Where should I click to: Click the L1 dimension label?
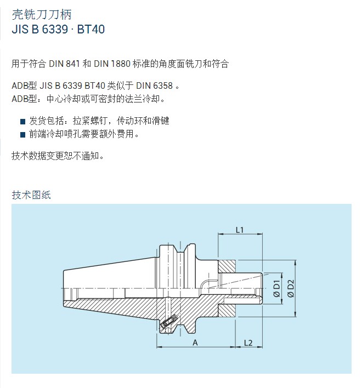[x=240, y=230]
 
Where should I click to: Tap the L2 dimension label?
[x=248, y=343]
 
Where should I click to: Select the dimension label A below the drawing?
[x=195, y=343]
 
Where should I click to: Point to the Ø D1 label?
[x=276, y=288]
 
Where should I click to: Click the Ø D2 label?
[x=291, y=288]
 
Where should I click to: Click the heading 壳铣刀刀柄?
[x=42, y=15]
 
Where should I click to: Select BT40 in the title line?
[x=91, y=29]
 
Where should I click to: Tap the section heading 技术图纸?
[x=31, y=195]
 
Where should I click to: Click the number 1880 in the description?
[x=121, y=64]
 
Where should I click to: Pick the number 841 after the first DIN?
[x=73, y=64]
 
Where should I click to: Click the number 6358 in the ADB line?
[x=163, y=85]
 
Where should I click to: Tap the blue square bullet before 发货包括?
[x=23, y=122]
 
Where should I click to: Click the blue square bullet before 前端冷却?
[x=23, y=135]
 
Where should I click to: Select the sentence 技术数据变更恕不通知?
[x=57, y=156]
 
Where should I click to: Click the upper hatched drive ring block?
[x=227, y=267]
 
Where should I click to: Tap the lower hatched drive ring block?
[x=227, y=311]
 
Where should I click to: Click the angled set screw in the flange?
[x=168, y=321]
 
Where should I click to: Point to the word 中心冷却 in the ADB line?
[x=64, y=99]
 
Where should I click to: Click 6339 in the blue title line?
[x=55, y=29]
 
